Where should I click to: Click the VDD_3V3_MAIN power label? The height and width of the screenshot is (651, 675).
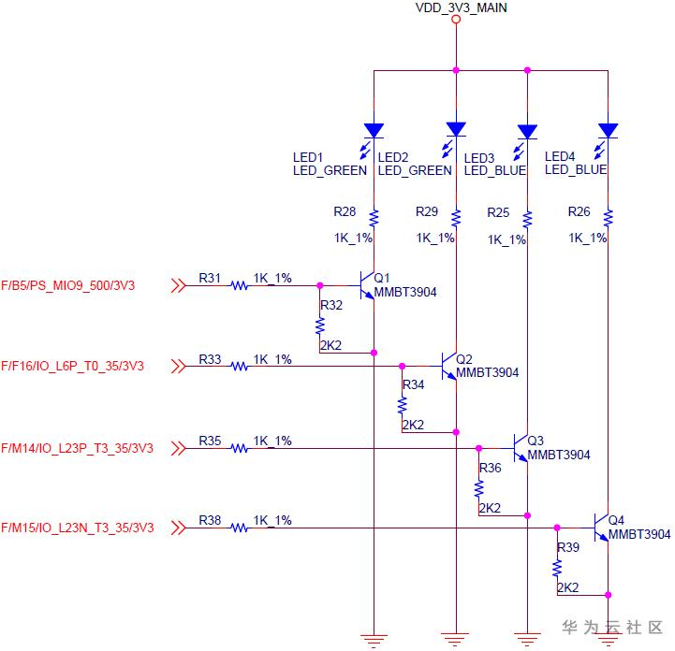[x=461, y=7]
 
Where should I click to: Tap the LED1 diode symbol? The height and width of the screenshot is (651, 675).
[x=374, y=131]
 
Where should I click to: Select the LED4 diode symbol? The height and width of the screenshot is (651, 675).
[x=608, y=131]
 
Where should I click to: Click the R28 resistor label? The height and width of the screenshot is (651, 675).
[x=345, y=211]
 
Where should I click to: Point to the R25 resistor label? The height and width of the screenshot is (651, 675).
[x=498, y=212]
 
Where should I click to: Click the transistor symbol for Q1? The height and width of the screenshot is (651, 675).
[x=366, y=285]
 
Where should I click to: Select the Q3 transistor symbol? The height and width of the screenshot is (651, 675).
[x=520, y=448]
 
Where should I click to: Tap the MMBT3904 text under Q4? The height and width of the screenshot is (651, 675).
[x=639, y=534]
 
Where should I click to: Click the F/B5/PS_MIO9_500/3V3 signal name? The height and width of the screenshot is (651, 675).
[x=68, y=285]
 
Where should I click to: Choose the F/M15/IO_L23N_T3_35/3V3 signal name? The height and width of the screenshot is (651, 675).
[x=78, y=528]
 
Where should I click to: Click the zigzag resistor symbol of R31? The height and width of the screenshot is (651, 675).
[x=240, y=285]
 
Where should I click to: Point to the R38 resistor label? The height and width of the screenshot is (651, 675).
[x=210, y=520]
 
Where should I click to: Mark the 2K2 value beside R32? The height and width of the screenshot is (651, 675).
[x=331, y=345]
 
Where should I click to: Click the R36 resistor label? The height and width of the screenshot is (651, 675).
[x=491, y=468]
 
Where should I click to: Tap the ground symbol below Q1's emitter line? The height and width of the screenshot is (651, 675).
[x=374, y=641]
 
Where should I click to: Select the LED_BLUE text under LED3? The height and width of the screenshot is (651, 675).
[x=495, y=171]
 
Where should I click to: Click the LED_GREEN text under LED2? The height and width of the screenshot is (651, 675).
[x=415, y=171]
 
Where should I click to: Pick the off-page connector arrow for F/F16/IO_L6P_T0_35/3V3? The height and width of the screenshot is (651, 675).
[x=179, y=366]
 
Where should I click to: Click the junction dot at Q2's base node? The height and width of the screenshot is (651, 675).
[x=402, y=366]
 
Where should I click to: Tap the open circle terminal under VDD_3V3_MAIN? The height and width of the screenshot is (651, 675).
[x=456, y=20]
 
